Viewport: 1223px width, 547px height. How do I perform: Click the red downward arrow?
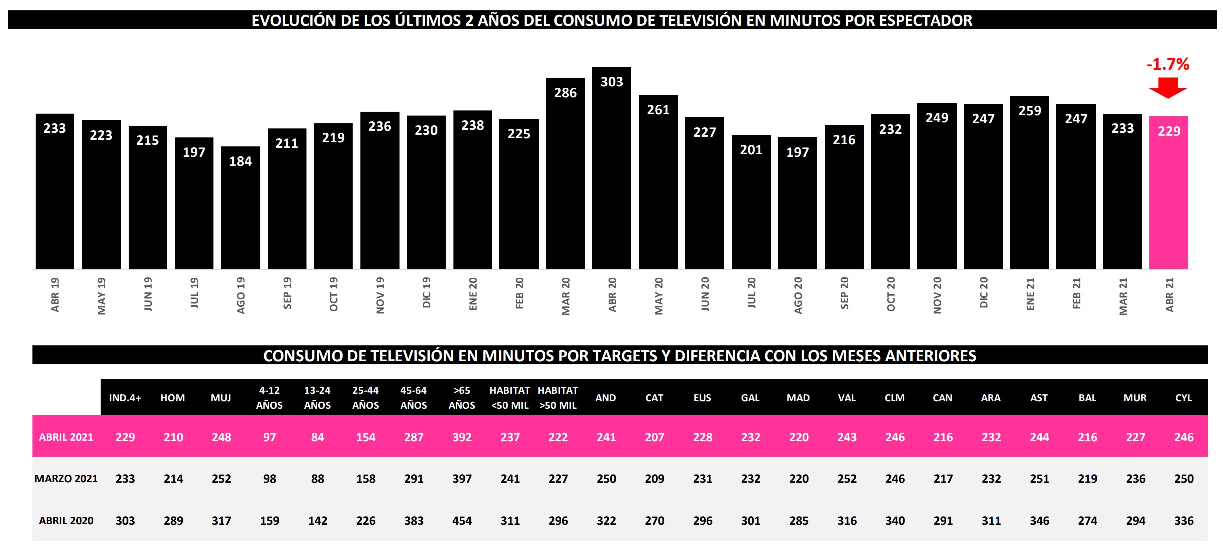[x=1168, y=87]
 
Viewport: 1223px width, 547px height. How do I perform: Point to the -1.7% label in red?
[x=1168, y=64]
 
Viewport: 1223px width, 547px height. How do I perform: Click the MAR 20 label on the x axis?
[x=566, y=296]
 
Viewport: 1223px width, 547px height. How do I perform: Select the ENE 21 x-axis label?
[x=1030, y=294]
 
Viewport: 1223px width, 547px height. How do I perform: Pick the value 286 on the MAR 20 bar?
[x=565, y=93]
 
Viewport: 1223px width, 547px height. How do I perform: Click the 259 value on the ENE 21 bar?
[x=1030, y=111]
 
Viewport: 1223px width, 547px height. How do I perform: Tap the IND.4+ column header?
[x=125, y=398]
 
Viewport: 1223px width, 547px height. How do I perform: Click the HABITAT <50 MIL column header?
[x=510, y=398]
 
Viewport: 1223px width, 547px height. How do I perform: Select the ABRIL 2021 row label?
[x=66, y=437]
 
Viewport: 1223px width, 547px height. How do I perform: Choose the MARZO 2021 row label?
[x=66, y=479]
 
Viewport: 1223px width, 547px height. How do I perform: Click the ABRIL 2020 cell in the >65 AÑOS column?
[x=462, y=521]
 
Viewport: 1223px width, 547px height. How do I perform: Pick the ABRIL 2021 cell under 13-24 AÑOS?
[x=317, y=437]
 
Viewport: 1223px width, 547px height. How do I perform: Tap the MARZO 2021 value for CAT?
[x=654, y=479]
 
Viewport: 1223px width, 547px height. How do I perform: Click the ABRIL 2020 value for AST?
[x=1039, y=521]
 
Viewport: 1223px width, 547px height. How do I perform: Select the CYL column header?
[x=1183, y=398]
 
